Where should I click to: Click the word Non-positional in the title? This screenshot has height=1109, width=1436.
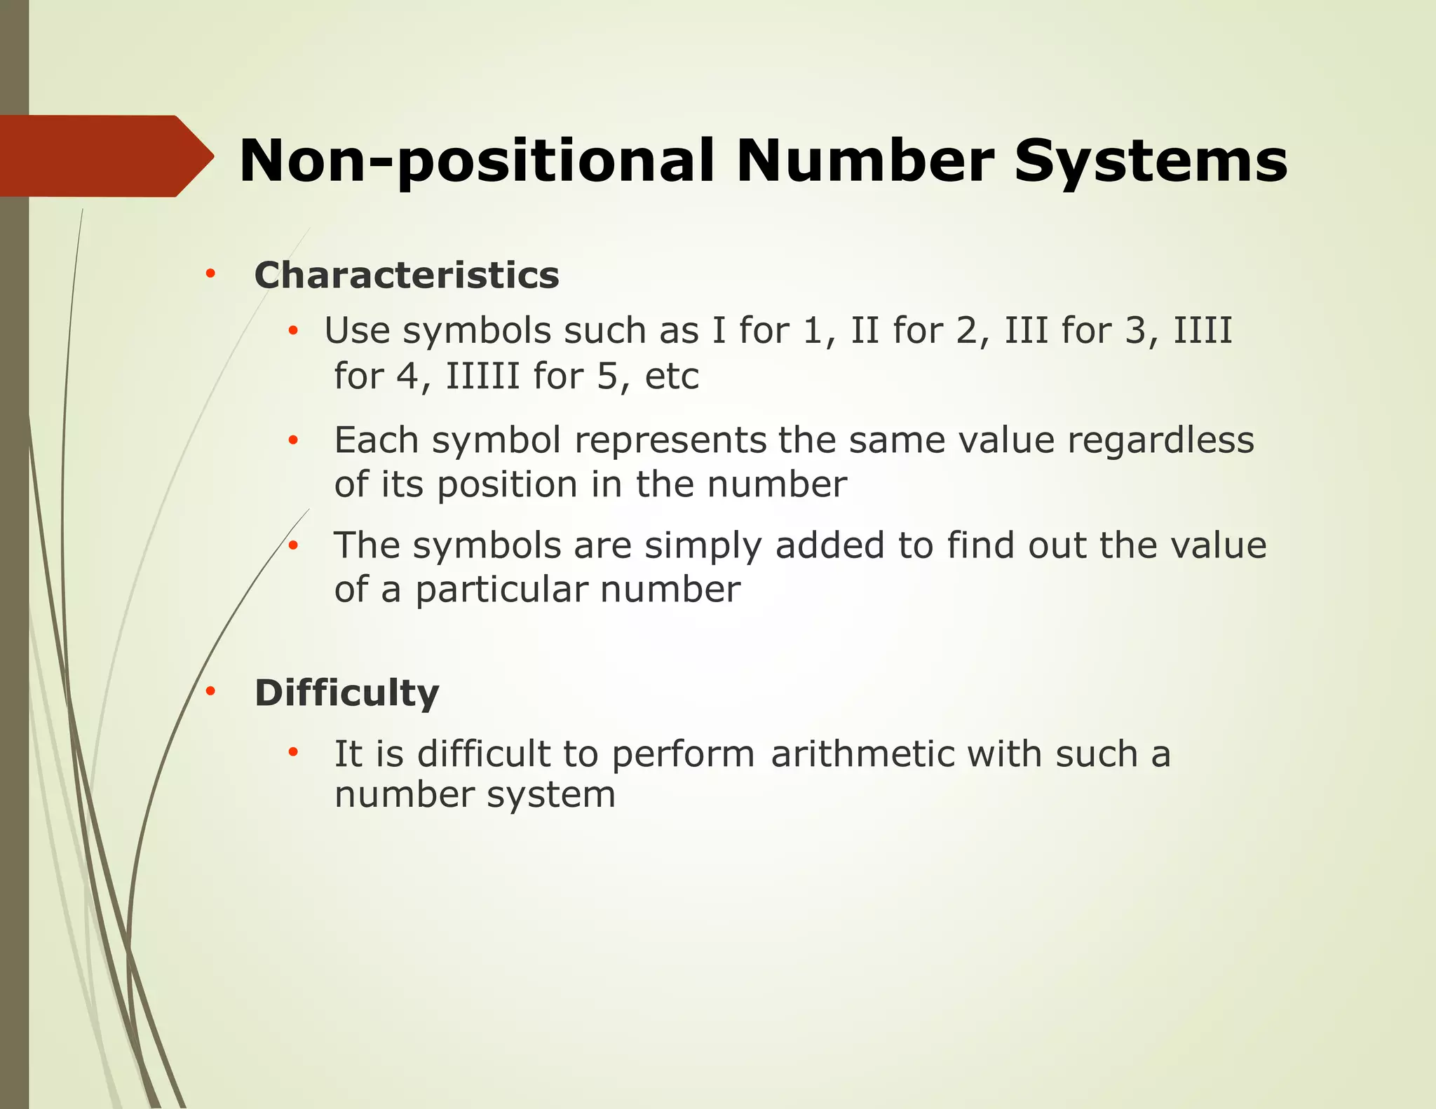(476, 162)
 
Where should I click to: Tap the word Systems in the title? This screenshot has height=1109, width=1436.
(1151, 161)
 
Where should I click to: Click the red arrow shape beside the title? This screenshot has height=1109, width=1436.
(105, 156)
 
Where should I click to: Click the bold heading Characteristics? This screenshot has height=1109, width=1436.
(407, 275)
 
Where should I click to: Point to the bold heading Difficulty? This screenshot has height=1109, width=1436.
(346, 693)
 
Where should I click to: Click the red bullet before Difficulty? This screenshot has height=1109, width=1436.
(210, 692)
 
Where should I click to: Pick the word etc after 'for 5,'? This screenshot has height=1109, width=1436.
(672, 376)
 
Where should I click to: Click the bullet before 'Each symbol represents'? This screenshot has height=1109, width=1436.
(293, 441)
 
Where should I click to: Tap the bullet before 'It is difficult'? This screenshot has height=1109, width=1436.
(293, 753)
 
